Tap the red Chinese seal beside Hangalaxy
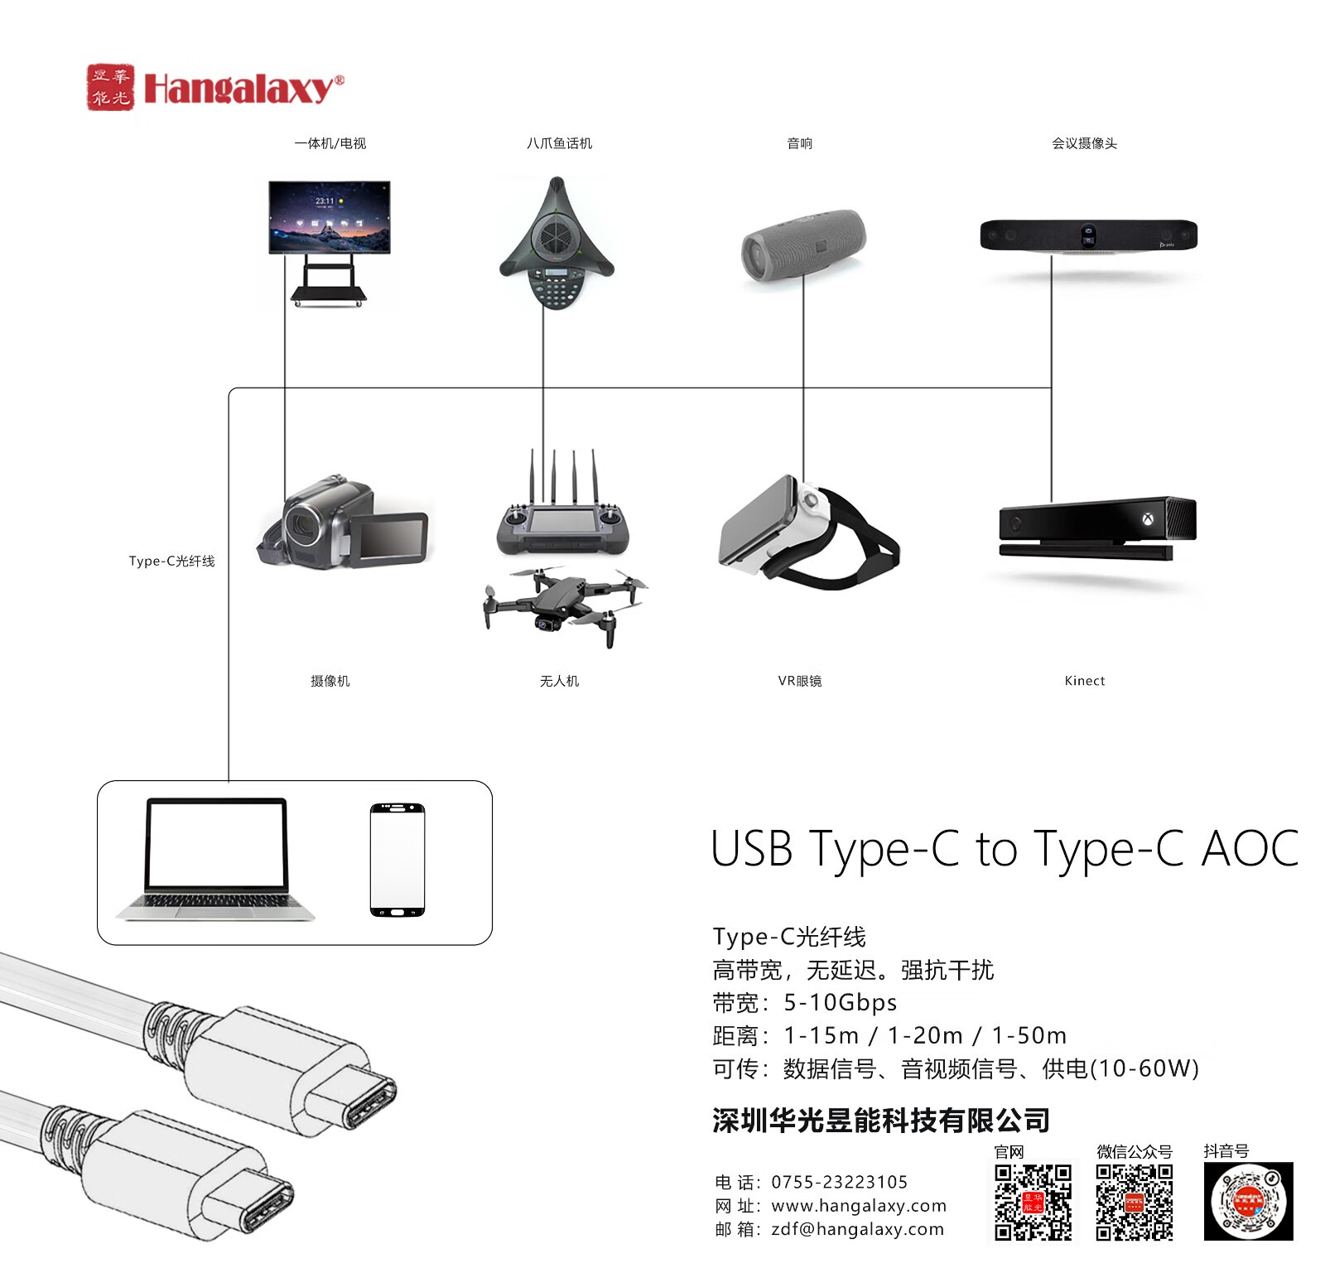pyautogui.click(x=110, y=87)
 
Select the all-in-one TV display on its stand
pyautogui.click(x=329, y=240)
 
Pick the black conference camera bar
pyautogui.click(x=1088, y=235)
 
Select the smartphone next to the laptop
pyautogui.click(x=397, y=860)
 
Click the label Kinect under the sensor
pyautogui.click(x=1084, y=681)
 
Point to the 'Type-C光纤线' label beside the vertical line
pyautogui.click(x=171, y=562)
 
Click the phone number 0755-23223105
pyautogui.click(x=839, y=1182)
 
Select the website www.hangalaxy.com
pyautogui.click(x=858, y=1206)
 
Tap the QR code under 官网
pyautogui.click(x=1033, y=1202)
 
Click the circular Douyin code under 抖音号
pyautogui.click(x=1248, y=1201)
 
